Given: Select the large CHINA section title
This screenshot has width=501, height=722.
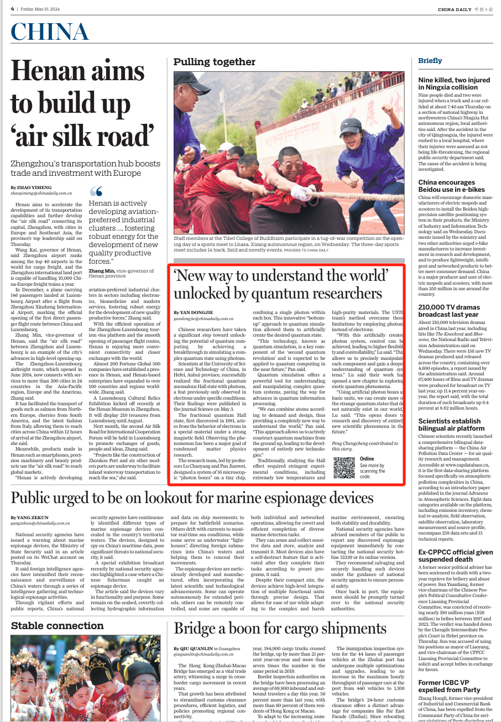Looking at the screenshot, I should pos(50,33).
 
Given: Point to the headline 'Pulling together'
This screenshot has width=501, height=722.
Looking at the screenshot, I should pos(215,61).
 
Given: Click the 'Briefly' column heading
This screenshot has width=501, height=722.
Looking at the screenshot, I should pos(430,60).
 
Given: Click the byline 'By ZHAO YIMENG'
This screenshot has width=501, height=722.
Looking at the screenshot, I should pos(29,188).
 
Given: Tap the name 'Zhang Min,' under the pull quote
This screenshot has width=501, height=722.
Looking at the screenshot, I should pos(102,270).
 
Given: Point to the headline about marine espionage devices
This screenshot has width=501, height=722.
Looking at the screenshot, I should pos(192,498).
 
